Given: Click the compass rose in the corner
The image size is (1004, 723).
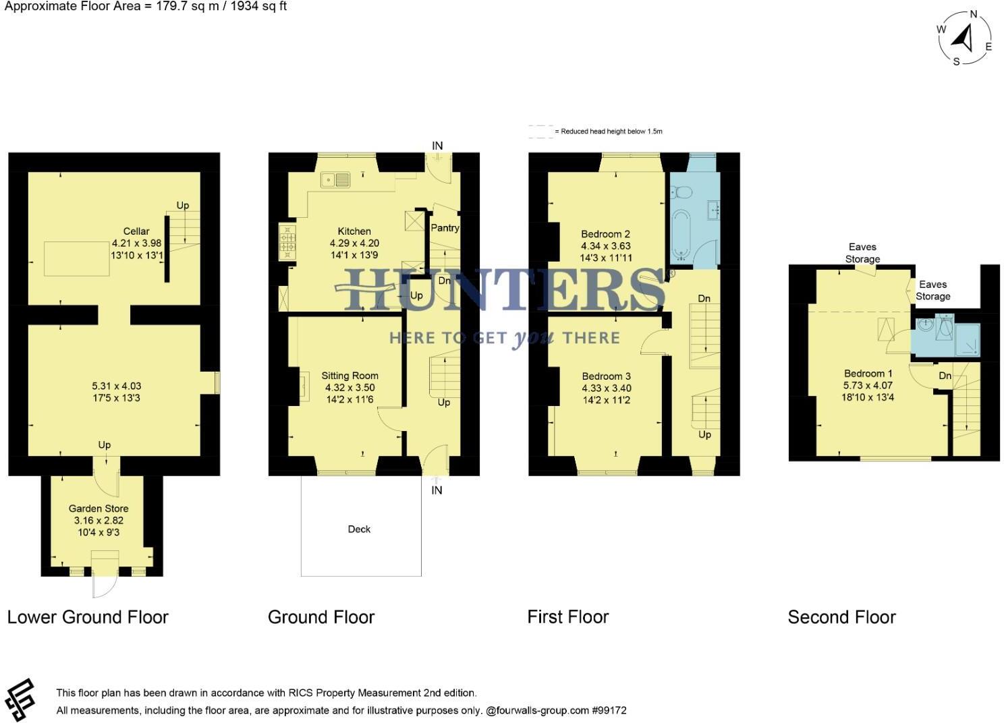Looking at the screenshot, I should [x=965, y=38].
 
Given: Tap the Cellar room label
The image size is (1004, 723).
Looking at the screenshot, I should [x=136, y=231].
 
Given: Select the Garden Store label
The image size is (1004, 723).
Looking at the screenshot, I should [x=99, y=509].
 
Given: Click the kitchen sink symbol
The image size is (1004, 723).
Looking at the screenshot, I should [x=335, y=179].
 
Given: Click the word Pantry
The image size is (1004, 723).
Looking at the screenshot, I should [x=445, y=228].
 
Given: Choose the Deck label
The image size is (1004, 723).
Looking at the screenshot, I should [x=359, y=529].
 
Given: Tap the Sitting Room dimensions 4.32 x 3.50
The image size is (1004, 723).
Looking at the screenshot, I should [x=350, y=388].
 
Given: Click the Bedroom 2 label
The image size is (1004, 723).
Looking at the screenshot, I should [x=605, y=234].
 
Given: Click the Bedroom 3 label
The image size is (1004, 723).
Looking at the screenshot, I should [x=606, y=376].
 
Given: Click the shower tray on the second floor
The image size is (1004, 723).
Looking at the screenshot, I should [x=967, y=339].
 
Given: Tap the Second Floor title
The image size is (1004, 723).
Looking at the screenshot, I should [x=841, y=617].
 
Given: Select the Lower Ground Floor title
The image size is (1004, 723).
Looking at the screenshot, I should [x=88, y=617].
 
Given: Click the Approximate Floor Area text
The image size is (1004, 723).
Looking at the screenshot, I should [x=146, y=7].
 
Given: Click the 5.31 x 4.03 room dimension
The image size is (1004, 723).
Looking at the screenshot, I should [x=116, y=386].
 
